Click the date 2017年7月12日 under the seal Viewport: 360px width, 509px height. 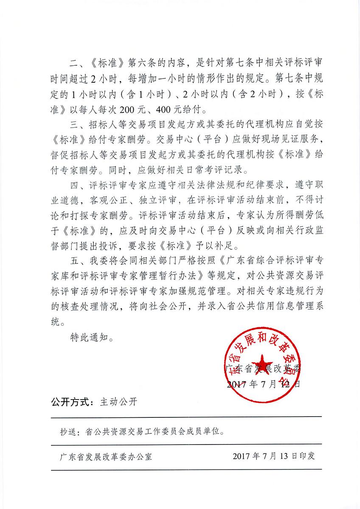pos(263,385)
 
